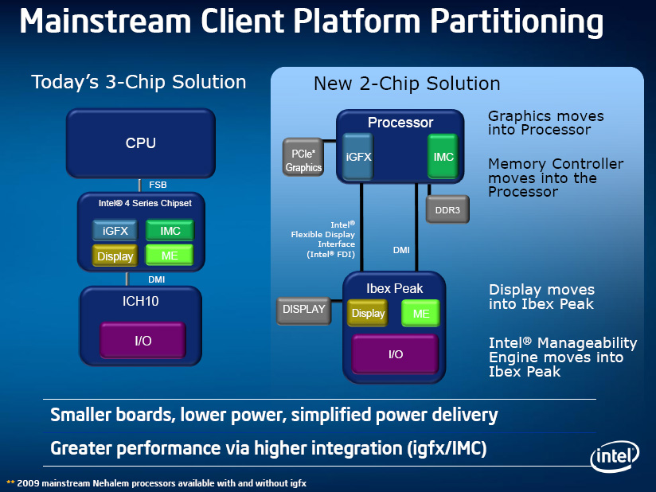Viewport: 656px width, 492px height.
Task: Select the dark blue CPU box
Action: [140, 143]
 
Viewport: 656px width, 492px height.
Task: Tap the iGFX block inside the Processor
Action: [358, 157]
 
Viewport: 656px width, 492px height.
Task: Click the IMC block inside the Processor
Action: [443, 157]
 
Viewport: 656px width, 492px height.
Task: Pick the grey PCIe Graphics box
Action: [303, 157]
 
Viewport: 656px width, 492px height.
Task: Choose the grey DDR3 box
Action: [447, 210]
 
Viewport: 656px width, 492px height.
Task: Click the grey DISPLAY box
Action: [304, 310]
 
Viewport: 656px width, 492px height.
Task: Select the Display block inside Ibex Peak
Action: [368, 313]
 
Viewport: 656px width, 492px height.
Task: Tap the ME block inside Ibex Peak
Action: [420, 314]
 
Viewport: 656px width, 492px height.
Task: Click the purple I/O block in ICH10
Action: [142, 341]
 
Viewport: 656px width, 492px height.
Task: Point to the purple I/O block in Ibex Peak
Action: [396, 354]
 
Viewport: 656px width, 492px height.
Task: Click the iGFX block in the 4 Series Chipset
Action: [115, 231]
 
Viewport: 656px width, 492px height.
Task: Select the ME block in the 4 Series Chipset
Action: [170, 256]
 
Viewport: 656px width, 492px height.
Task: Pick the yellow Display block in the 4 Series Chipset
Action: [115, 256]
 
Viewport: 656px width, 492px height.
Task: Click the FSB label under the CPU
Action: [158, 185]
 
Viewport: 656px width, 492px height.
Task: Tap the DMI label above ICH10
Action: [157, 279]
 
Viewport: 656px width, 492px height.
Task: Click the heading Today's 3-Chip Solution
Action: [139, 82]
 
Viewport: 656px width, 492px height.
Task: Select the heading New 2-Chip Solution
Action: [407, 84]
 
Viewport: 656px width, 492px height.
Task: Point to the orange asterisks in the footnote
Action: [10, 482]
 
